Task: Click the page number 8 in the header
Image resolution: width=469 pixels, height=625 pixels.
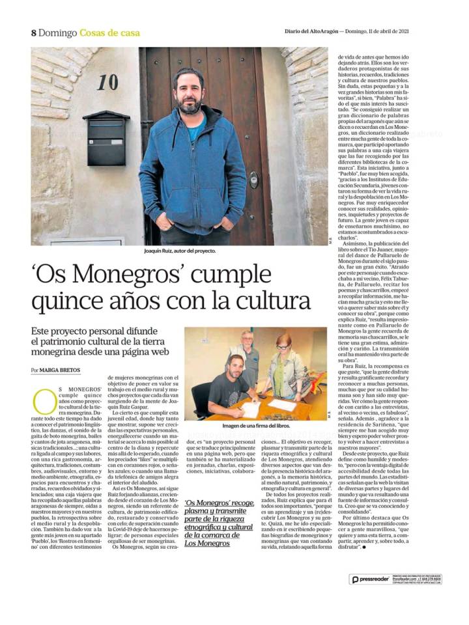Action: click(33, 33)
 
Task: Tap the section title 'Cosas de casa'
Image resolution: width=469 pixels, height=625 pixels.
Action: click(109, 33)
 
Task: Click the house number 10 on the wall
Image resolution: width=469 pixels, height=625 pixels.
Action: click(107, 82)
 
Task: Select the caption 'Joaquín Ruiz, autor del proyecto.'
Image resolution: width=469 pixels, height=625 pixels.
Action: click(180, 251)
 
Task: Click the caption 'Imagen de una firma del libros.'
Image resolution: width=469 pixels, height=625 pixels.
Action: click(255, 426)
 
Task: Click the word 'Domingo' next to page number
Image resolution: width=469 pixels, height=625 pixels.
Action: click(57, 33)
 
